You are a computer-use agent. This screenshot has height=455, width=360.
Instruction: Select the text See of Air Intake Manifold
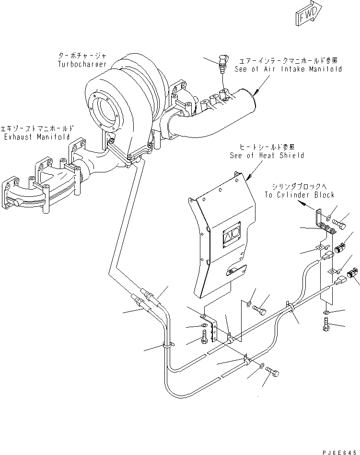click(288, 69)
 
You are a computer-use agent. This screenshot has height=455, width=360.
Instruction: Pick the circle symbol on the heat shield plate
click(235, 234)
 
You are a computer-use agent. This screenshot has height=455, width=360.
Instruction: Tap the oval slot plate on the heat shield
click(237, 271)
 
